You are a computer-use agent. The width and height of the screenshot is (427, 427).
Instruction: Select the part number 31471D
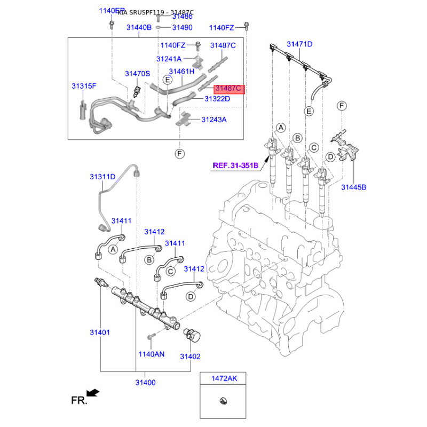click(299, 44)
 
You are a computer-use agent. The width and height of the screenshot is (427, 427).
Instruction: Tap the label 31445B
click(354, 187)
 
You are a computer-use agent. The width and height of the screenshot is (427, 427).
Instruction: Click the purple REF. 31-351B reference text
click(235, 165)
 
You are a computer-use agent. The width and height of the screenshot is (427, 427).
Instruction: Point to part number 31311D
click(102, 176)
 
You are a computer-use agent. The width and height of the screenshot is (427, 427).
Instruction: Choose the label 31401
click(100, 333)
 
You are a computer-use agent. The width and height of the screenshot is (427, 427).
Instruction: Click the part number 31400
click(145, 382)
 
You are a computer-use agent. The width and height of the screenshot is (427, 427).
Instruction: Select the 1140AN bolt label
click(152, 353)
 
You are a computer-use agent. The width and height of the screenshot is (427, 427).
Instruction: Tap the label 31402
click(190, 357)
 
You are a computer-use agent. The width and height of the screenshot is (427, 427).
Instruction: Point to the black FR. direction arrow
click(92, 393)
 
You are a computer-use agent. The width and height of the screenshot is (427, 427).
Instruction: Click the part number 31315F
click(84, 85)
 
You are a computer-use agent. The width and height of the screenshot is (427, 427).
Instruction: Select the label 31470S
click(138, 74)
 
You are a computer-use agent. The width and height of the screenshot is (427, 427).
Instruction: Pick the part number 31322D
click(217, 99)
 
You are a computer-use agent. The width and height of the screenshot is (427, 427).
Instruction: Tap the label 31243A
click(214, 120)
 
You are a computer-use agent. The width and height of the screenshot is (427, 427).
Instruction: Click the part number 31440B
click(139, 27)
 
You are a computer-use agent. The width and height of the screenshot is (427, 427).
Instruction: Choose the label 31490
click(182, 27)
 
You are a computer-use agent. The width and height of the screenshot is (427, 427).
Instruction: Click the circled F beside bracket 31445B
click(341, 107)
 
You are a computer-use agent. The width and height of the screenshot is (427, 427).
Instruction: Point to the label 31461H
click(181, 71)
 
